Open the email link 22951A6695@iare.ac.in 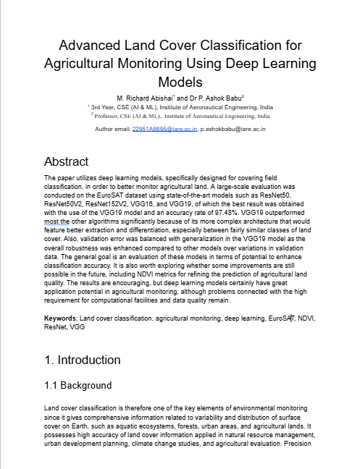coord(164,129)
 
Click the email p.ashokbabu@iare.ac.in coord(233,129)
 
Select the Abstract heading coord(66,161)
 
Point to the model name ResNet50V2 coord(66,205)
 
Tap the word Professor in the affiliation coord(109,114)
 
